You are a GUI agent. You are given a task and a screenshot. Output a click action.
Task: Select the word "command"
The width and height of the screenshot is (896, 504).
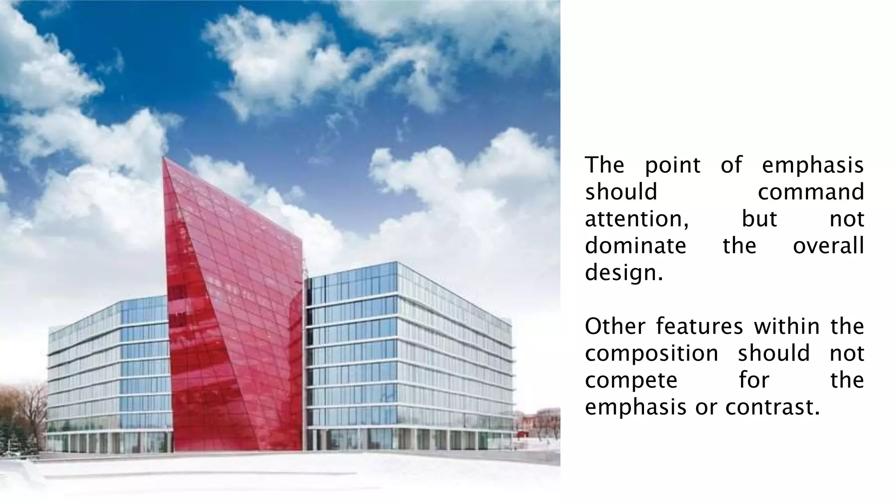tap(811, 192)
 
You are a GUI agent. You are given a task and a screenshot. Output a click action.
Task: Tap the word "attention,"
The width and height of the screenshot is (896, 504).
tap(637, 219)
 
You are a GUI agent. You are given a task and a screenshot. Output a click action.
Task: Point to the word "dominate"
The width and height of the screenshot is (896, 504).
tap(635, 245)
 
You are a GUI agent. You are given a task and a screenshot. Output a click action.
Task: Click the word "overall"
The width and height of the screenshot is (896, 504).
tap(828, 245)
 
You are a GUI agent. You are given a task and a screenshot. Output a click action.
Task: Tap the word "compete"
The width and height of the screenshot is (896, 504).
tap(631, 380)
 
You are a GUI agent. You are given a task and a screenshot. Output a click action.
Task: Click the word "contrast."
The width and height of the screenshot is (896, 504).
tap(772, 407)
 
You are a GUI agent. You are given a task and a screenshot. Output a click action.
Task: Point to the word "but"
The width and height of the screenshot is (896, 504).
tap(759, 219)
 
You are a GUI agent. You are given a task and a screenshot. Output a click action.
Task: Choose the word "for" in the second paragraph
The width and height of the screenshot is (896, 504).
tap(754, 380)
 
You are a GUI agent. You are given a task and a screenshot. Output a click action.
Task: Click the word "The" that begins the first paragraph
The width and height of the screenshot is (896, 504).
tap(605, 165)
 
